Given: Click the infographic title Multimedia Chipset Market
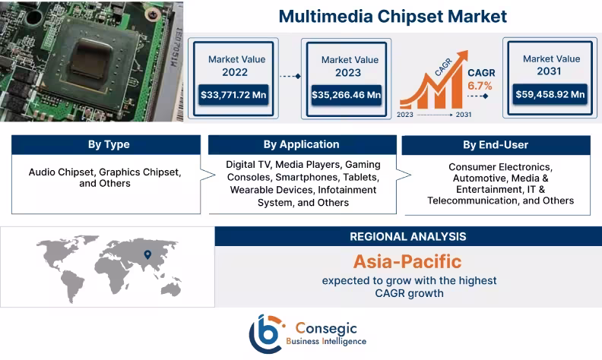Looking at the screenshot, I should click(392, 15).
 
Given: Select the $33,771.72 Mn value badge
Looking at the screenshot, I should click(234, 95).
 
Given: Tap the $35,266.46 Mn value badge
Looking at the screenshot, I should click(346, 95).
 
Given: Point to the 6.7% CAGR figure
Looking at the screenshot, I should click(480, 86).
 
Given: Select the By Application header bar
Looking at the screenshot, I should click(301, 144).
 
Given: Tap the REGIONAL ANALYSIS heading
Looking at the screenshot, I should click(407, 236).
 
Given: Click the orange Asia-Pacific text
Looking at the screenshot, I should click(407, 261).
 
